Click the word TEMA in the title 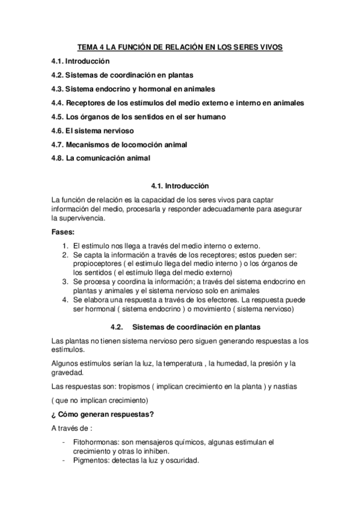[89, 47]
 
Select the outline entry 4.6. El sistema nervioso [92, 131]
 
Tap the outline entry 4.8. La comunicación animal [100, 159]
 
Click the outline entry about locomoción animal [120, 145]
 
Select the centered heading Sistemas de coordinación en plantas [197, 328]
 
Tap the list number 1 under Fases [65, 245]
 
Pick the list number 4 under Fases [65, 299]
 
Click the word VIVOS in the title [271, 47]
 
